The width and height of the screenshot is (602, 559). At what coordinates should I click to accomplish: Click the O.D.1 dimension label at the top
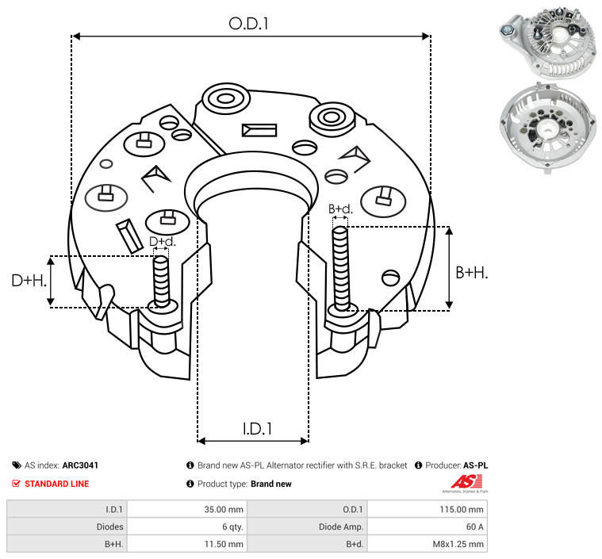pyautogui.click(x=248, y=24)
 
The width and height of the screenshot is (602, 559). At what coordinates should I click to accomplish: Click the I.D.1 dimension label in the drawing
pyautogui.click(x=257, y=429)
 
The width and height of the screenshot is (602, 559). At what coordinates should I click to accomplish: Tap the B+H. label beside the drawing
pyautogui.click(x=471, y=273)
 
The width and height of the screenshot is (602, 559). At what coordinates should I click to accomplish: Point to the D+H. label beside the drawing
pyautogui.click(x=29, y=281)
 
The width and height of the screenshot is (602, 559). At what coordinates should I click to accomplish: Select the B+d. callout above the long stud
pyautogui.click(x=340, y=209)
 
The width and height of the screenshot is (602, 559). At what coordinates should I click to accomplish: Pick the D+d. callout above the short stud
pyautogui.click(x=162, y=242)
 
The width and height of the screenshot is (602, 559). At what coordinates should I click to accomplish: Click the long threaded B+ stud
pyautogui.click(x=341, y=269)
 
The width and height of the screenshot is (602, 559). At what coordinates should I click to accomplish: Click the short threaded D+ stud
pyautogui.click(x=161, y=281)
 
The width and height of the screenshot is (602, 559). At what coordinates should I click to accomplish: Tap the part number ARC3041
pyautogui.click(x=80, y=465)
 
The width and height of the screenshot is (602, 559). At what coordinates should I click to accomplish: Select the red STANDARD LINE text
pyautogui.click(x=57, y=484)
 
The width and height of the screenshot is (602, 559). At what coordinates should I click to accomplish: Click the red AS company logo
pyautogui.click(x=466, y=484)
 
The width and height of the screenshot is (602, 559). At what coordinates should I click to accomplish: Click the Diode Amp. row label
pyautogui.click(x=341, y=526)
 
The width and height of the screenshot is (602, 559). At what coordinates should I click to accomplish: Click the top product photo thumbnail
pyautogui.click(x=549, y=41)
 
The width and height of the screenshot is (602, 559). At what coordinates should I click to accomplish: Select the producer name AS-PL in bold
pyautogui.click(x=476, y=465)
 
